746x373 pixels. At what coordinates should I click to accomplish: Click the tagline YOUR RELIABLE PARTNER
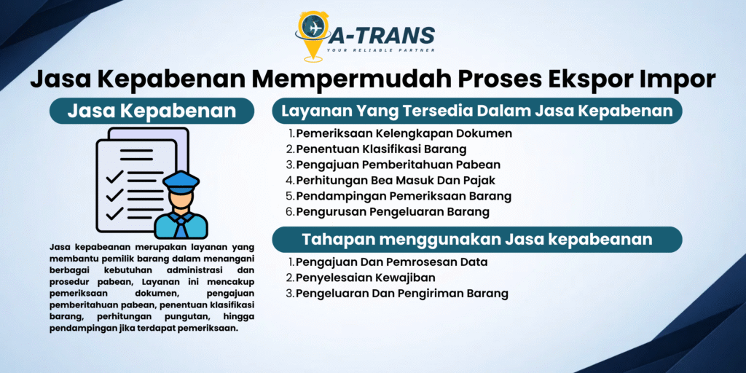tap(380, 50)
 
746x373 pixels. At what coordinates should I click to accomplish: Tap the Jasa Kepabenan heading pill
tap(152, 111)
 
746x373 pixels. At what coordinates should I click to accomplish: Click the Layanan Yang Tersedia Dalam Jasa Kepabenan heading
tap(477, 111)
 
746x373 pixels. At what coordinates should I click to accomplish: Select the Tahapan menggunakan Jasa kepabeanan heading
tap(477, 239)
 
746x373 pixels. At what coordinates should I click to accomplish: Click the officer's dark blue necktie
tap(181, 227)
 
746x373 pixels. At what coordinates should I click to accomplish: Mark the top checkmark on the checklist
tap(114, 177)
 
